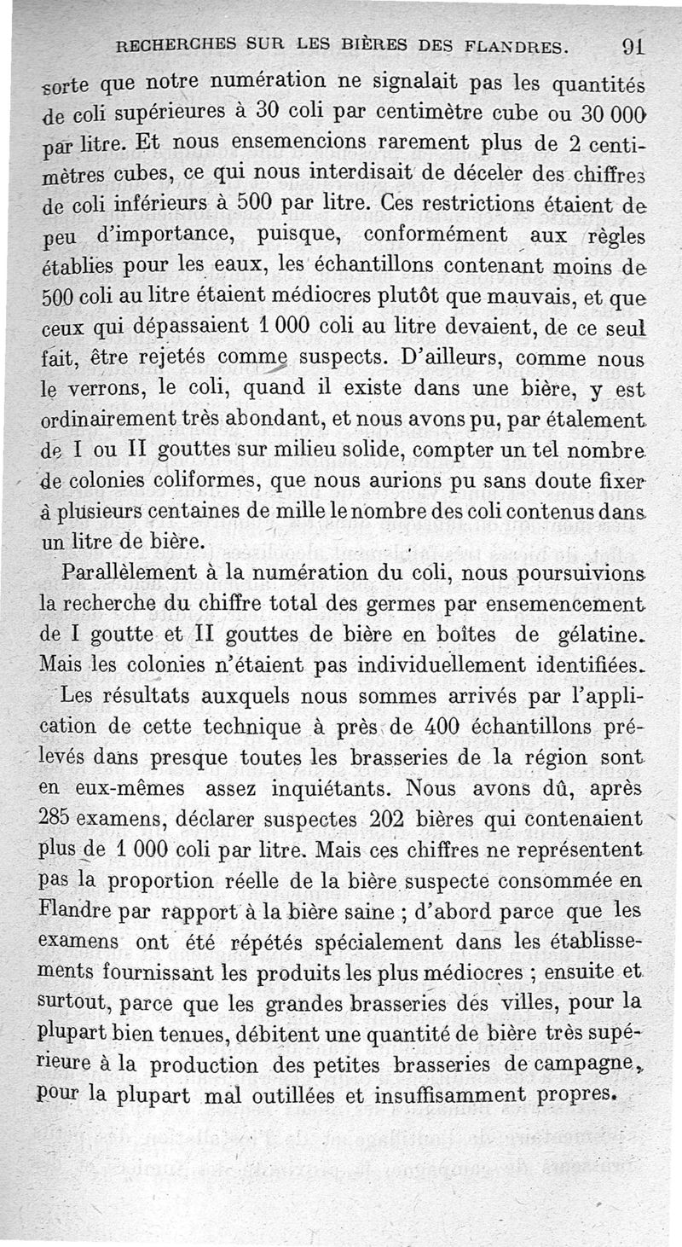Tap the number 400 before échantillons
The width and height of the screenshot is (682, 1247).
438,727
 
